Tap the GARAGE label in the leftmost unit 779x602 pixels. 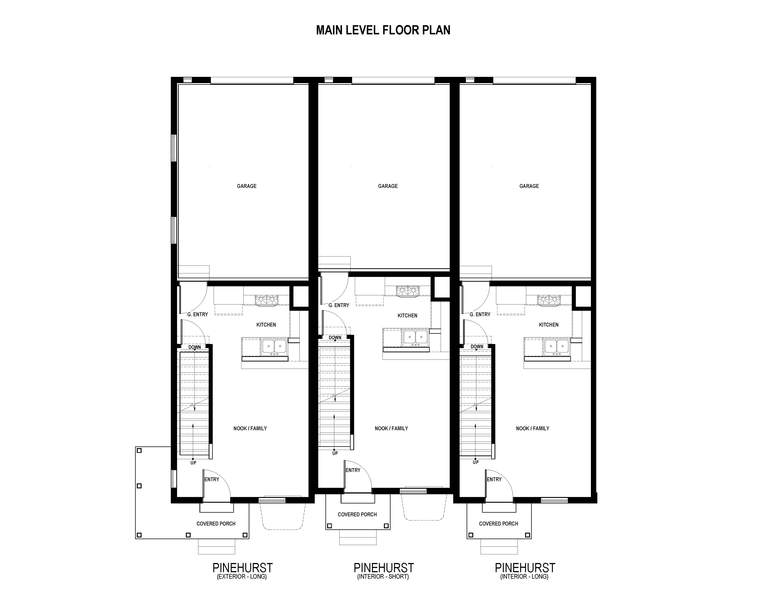point(247,186)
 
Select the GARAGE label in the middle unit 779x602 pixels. point(388,186)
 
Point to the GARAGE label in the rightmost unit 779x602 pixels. point(529,186)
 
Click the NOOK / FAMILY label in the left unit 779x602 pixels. point(250,428)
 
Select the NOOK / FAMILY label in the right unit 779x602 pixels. point(532,428)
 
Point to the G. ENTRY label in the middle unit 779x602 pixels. point(339,305)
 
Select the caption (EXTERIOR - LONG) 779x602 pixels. point(242,576)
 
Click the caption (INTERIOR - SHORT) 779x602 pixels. point(383,576)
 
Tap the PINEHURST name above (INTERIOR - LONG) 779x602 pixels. point(525,567)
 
